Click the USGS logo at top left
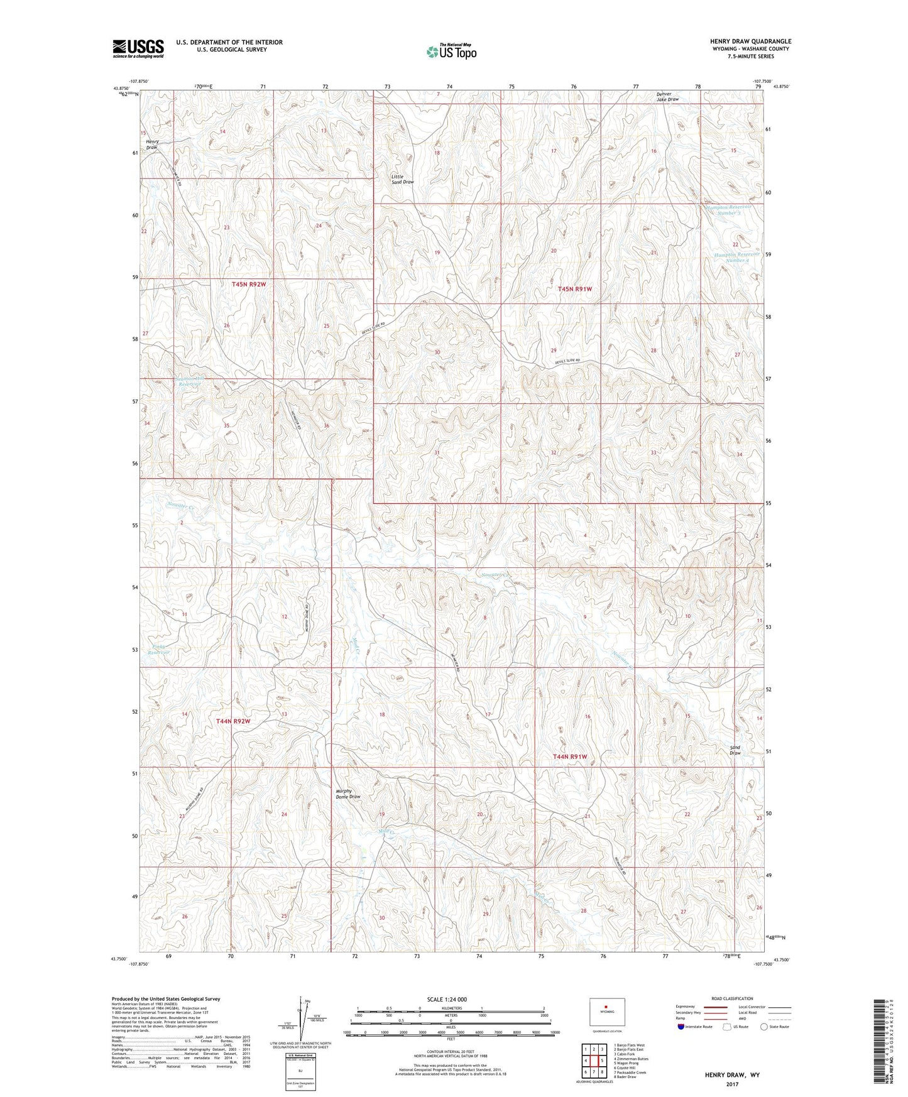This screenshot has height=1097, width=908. pos(138,48)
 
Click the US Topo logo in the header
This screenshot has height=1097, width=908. pos(451,52)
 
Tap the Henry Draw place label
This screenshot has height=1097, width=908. pos(152,145)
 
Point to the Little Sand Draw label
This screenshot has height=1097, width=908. pos(402,179)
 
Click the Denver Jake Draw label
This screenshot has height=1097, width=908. pos(667,97)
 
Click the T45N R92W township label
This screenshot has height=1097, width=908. pos(249,285)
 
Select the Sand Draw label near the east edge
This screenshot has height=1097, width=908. pos(735,750)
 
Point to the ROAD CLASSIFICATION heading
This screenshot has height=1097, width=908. pos(731,998)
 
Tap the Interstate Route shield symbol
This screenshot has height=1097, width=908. pos(681,1026)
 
